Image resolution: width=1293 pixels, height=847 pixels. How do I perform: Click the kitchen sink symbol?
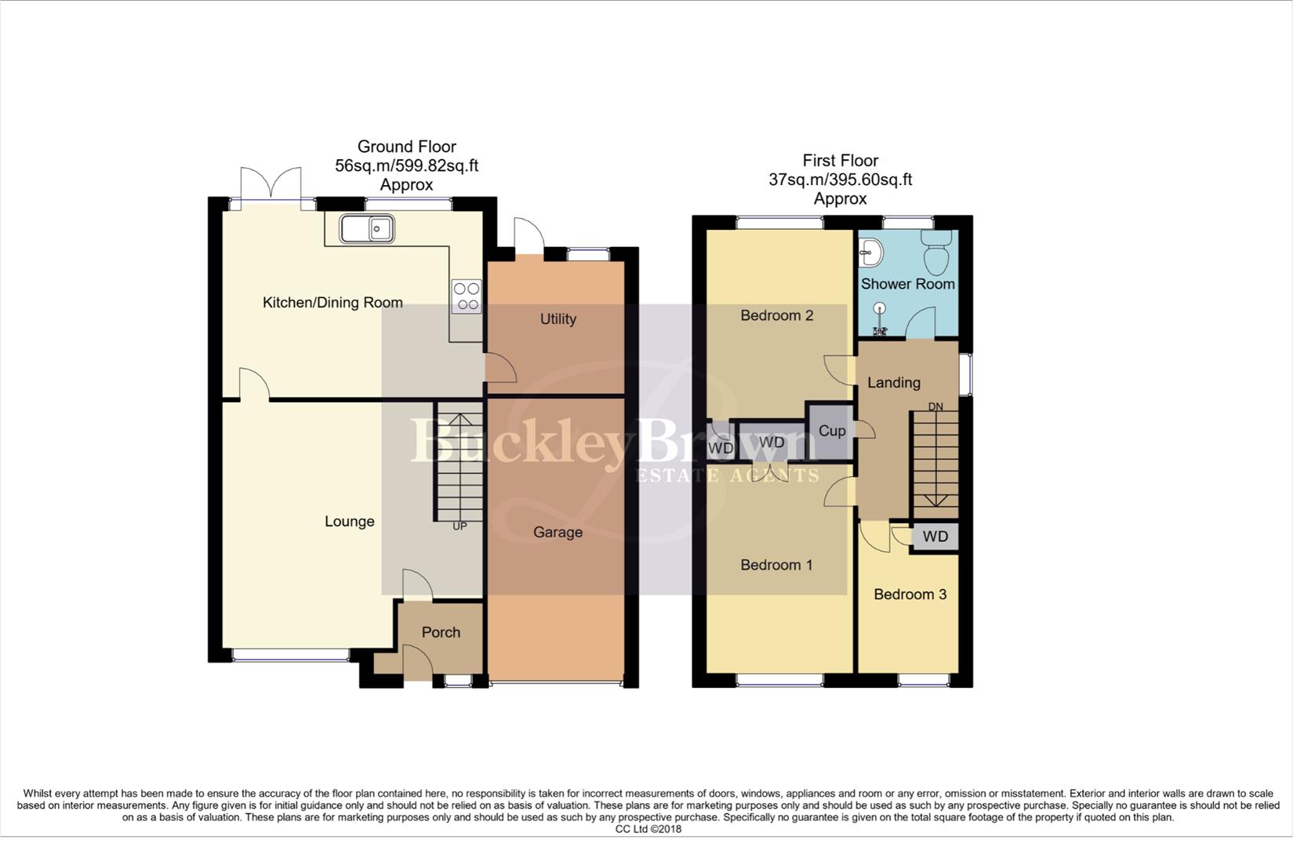click(x=367, y=230)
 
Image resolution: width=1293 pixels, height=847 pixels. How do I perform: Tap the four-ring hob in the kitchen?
click(x=467, y=296)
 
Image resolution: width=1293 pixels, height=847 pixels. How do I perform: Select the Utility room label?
click(x=558, y=319)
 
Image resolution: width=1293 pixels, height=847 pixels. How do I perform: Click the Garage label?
click(x=558, y=533)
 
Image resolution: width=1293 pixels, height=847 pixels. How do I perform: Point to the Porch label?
click(x=441, y=632)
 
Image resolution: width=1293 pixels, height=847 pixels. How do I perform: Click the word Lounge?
click(x=349, y=522)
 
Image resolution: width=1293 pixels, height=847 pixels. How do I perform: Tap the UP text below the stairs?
click(x=459, y=526)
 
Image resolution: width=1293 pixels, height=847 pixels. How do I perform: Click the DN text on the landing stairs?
click(x=935, y=406)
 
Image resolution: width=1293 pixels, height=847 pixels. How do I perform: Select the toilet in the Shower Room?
click(x=936, y=250)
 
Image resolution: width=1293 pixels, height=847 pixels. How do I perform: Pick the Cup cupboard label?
click(x=832, y=431)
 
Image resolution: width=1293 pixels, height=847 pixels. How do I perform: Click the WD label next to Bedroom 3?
click(x=935, y=537)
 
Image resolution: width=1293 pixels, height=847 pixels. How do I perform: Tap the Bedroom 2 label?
click(x=776, y=315)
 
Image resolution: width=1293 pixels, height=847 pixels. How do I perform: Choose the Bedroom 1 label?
click(x=776, y=565)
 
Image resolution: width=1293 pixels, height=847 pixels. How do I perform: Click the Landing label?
click(x=893, y=383)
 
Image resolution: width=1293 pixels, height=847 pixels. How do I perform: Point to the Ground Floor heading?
click(x=406, y=147)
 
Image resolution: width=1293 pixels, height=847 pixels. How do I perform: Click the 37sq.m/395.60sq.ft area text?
click(x=840, y=180)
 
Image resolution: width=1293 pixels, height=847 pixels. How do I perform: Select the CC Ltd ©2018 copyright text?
click(x=648, y=829)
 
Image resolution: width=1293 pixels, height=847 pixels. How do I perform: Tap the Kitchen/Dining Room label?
click(x=332, y=303)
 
